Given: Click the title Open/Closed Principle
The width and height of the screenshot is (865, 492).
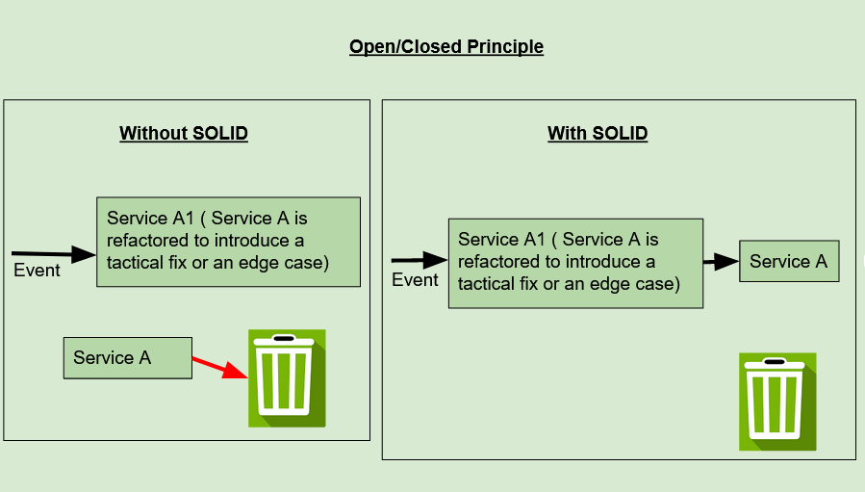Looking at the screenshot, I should (x=445, y=46).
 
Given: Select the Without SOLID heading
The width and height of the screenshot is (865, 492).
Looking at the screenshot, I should (x=183, y=133).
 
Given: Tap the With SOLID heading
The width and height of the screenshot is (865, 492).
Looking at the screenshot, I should (x=597, y=133).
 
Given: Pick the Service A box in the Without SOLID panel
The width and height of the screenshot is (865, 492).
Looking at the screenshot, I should (x=127, y=357).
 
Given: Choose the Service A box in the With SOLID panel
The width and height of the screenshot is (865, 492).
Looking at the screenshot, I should (x=788, y=261).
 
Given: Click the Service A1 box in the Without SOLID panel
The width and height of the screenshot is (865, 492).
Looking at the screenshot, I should (x=228, y=242).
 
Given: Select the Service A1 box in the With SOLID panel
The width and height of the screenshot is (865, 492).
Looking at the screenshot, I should (x=574, y=263).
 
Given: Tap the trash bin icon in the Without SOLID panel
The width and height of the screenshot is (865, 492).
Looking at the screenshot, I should (x=287, y=377).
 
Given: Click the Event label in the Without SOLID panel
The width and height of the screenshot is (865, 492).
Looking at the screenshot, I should (x=37, y=271).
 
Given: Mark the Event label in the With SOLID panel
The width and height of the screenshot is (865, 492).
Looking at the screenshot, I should (x=415, y=280).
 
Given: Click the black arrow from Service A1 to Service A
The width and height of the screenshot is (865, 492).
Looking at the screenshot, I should (x=720, y=261).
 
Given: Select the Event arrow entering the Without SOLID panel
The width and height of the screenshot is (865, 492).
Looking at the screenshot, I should (x=53, y=252).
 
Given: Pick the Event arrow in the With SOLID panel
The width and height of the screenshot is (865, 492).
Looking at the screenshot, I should (x=420, y=260).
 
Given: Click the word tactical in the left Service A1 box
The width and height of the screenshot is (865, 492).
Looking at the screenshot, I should (x=136, y=261).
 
